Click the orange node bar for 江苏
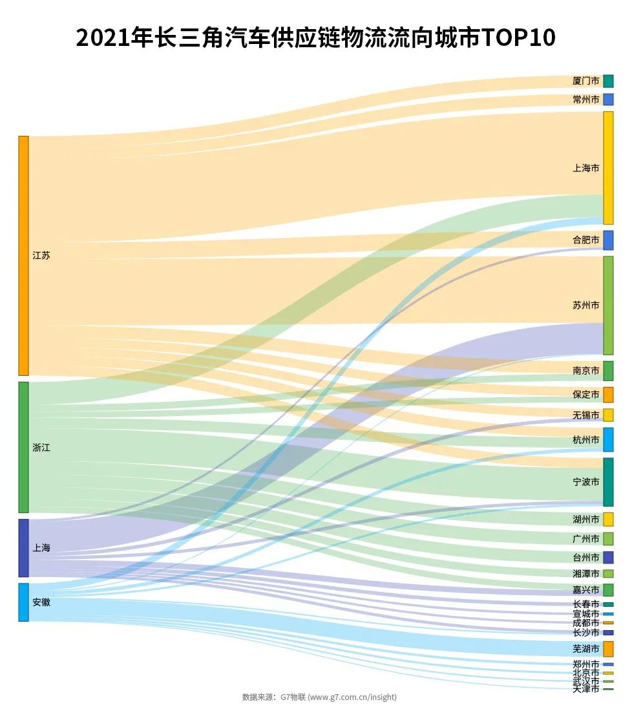click(23, 256)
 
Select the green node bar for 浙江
click(23, 447)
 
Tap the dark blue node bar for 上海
click(23, 548)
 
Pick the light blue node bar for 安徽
click(23, 602)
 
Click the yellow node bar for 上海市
click(608, 168)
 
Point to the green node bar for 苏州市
click(608, 305)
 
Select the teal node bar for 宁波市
click(608, 482)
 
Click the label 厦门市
click(585, 81)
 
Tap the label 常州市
click(585, 100)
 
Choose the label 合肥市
click(585, 240)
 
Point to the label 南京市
click(585, 371)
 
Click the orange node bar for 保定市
click(608, 395)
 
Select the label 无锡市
click(585, 415)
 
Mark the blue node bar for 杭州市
click(608, 439)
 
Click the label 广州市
click(585, 539)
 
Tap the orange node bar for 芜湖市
click(608, 649)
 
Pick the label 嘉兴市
click(585, 590)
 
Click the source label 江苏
click(41, 256)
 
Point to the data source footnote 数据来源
click(258, 697)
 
